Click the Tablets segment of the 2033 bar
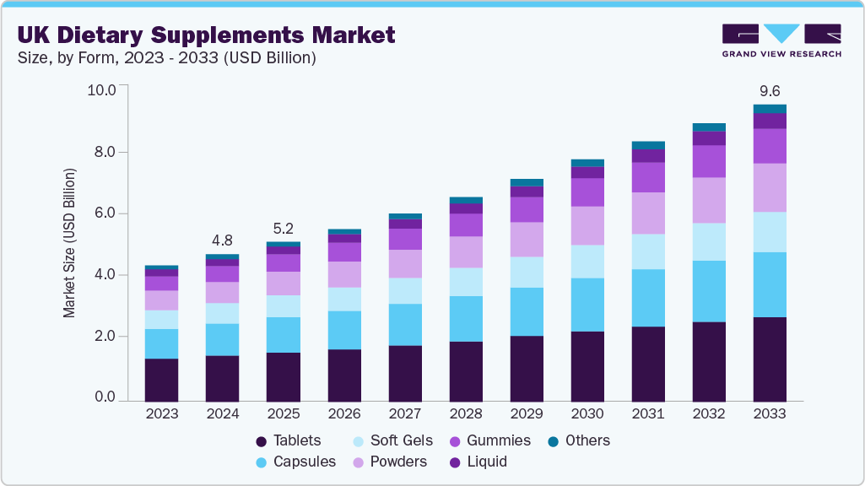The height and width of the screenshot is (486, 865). click(770, 359)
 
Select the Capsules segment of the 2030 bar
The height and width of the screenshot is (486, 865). click(587, 305)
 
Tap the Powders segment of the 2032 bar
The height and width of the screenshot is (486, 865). click(709, 200)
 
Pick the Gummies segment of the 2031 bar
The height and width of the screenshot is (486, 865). click(648, 177)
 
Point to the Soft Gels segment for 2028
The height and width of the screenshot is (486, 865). click(466, 282)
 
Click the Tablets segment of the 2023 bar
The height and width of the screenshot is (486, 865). click(161, 379)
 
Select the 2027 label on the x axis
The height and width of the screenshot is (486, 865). click(405, 414)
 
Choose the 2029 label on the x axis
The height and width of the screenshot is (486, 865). click(527, 414)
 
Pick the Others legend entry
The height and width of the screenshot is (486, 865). click(587, 440)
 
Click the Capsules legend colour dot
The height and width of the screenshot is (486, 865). click(262, 462)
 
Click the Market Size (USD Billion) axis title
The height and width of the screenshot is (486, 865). click(69, 243)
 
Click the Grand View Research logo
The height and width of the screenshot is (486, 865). click(781, 40)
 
